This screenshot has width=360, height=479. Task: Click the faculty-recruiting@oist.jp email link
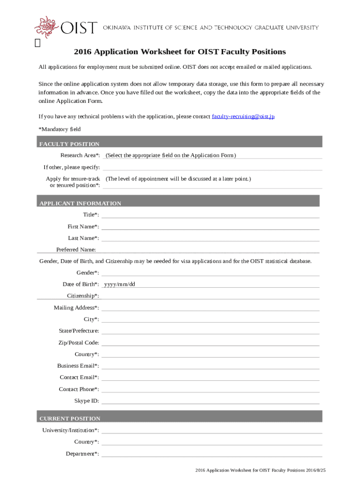click(x=243, y=116)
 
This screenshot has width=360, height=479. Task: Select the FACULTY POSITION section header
click(x=69, y=144)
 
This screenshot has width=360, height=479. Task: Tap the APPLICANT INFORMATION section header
click(x=80, y=203)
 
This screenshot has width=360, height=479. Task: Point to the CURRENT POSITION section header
click(x=70, y=419)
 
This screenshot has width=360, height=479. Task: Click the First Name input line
click(x=210, y=227)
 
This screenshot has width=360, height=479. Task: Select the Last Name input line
click(x=210, y=239)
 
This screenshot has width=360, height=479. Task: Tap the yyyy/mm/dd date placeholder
click(x=120, y=284)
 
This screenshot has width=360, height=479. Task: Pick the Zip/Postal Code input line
click(x=210, y=343)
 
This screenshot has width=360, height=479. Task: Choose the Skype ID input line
click(x=210, y=401)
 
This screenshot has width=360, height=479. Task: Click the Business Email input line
click(x=210, y=366)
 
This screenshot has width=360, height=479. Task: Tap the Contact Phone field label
click(x=79, y=389)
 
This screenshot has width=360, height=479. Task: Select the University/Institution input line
click(x=211, y=430)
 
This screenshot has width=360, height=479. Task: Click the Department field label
click(x=82, y=454)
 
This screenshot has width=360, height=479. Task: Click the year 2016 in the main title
click(x=83, y=52)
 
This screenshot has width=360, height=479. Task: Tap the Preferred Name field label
click(x=76, y=250)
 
